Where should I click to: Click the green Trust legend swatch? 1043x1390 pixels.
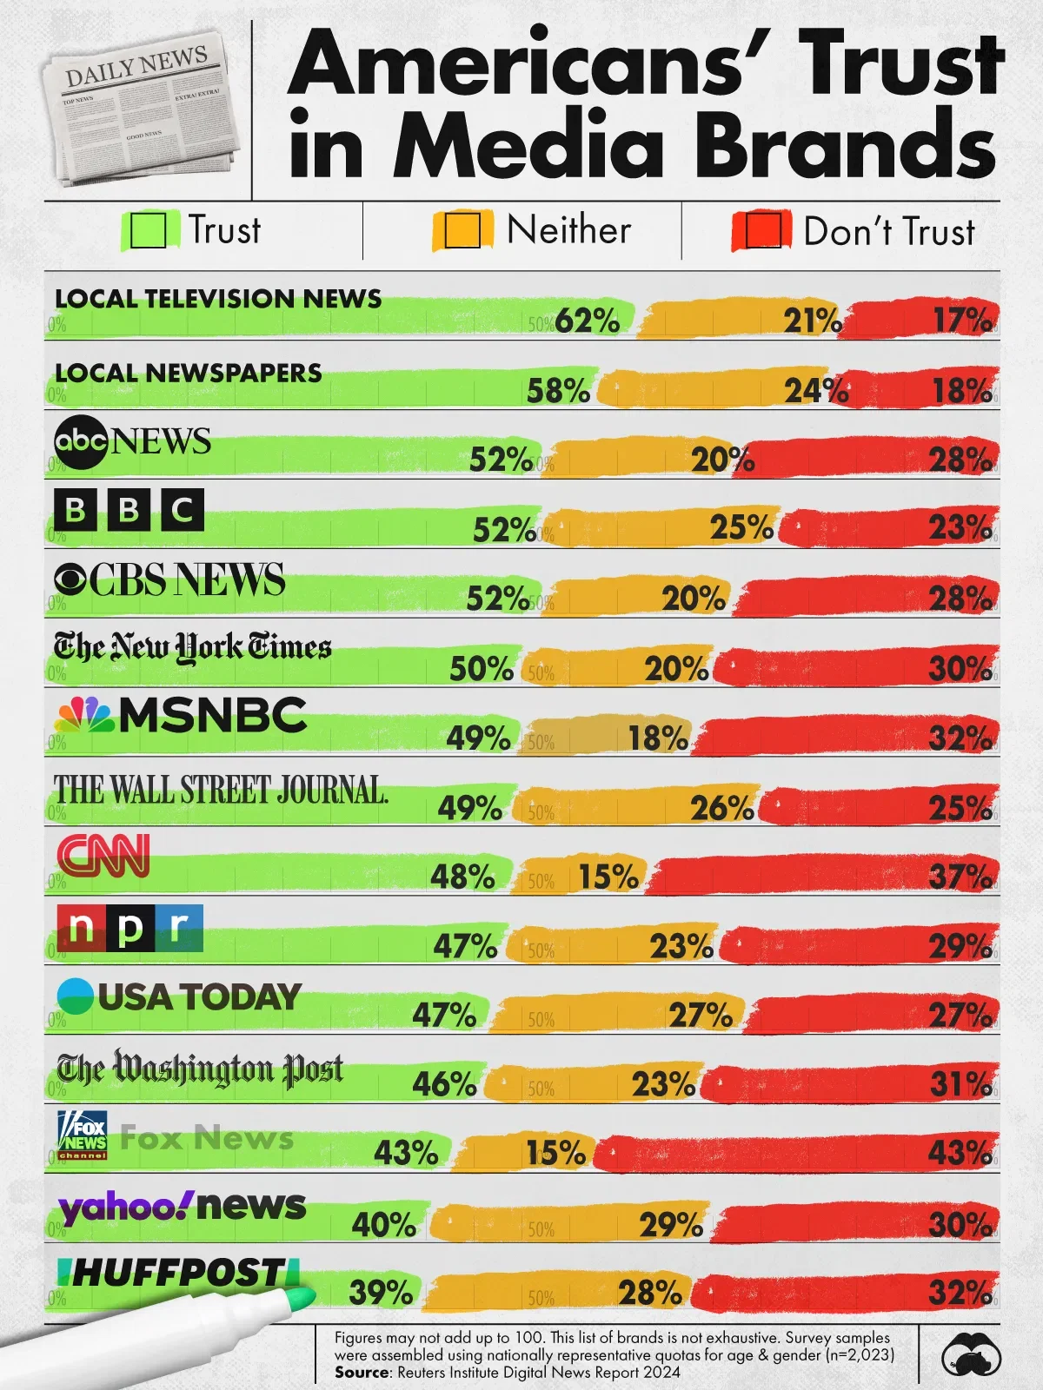(149, 231)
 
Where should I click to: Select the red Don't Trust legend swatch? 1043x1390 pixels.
(762, 231)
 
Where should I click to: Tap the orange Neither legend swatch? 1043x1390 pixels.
(462, 231)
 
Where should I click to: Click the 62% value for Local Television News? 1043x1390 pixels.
(588, 321)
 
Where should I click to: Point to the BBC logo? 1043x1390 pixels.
(129, 509)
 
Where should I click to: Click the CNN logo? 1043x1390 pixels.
(103, 856)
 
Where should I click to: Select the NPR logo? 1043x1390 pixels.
(130, 928)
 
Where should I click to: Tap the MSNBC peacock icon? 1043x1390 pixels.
(84, 715)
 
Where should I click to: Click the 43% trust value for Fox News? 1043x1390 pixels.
(406, 1153)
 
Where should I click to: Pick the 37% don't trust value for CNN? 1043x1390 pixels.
(960, 877)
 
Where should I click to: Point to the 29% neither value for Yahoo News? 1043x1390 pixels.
(671, 1224)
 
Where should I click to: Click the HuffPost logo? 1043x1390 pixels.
(178, 1273)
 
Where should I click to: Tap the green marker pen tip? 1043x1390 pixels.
(301, 1300)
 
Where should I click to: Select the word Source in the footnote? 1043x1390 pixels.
(362, 1373)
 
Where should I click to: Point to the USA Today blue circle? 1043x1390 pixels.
(75, 996)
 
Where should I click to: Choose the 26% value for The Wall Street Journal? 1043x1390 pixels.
(722, 808)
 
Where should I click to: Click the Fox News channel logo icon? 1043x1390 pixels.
(83, 1135)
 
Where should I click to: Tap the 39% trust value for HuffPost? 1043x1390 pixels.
(381, 1293)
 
